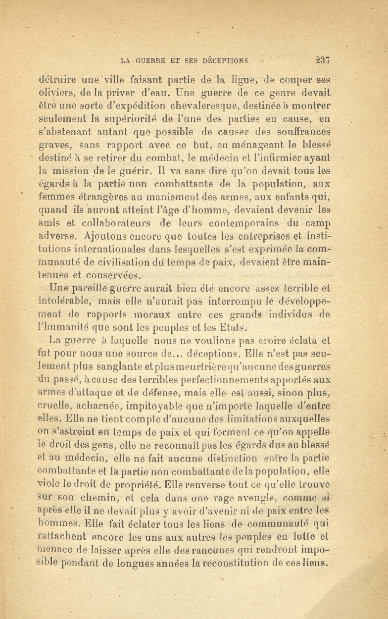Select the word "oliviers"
tap(55, 93)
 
